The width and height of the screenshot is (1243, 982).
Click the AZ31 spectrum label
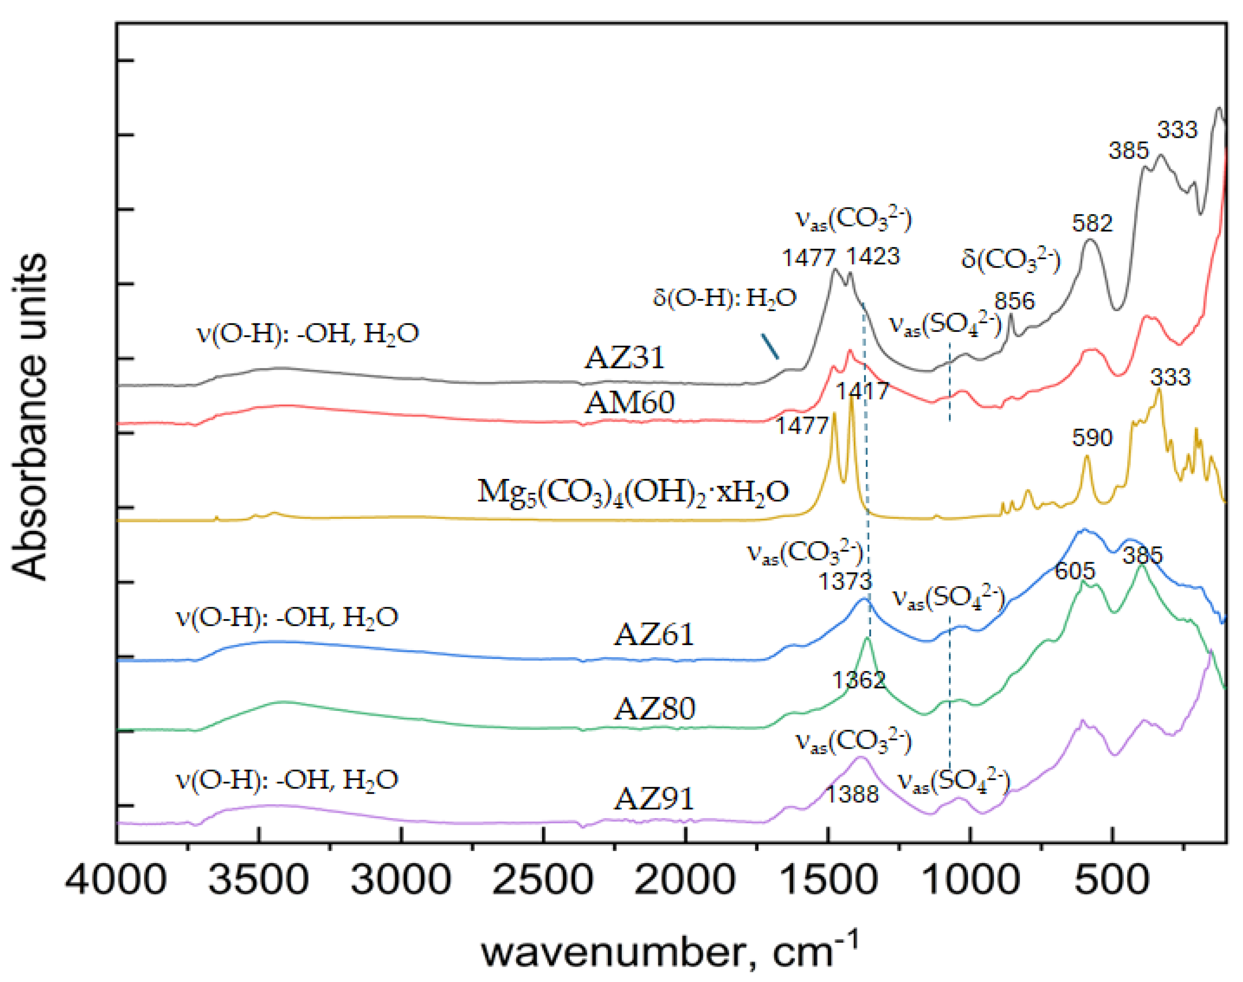coord(624,358)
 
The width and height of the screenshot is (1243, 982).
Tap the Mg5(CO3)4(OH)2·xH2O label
coord(633,492)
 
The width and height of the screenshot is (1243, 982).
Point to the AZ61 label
coord(654,635)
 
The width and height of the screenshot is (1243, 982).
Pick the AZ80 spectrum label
coord(655,709)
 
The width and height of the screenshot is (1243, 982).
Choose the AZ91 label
coord(654,799)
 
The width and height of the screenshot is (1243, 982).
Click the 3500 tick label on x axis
coord(258,880)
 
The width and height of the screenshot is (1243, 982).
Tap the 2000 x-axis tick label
coord(685,880)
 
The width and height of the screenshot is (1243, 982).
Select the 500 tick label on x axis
coord(1111,880)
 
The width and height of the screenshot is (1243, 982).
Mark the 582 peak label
coord(1092,223)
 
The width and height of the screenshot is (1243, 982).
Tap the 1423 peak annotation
coord(873,256)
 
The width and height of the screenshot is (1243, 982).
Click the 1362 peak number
coord(859,680)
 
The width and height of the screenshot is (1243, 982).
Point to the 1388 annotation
coord(852,795)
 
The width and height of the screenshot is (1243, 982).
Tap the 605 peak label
coord(1074,571)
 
